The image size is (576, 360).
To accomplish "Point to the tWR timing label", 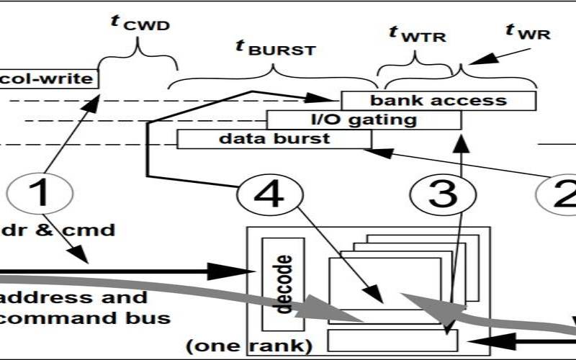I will [528, 31].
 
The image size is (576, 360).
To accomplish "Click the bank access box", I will [438, 101].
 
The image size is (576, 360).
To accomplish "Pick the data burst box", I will [274, 139].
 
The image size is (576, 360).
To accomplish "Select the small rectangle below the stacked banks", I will [392, 341].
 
